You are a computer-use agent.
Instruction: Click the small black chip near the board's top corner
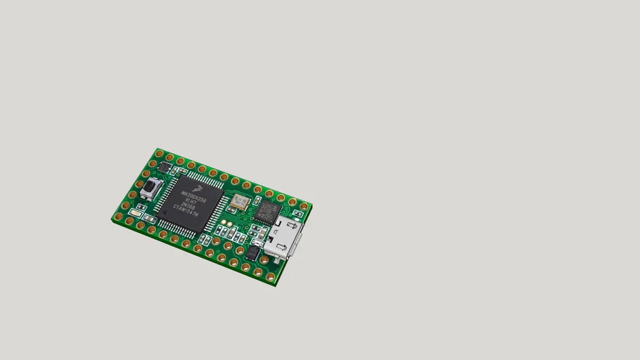point(164,167)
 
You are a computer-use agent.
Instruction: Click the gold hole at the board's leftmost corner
point(117,217)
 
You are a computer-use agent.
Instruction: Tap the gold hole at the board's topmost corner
point(159,153)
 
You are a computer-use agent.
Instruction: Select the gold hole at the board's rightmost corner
point(304,206)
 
